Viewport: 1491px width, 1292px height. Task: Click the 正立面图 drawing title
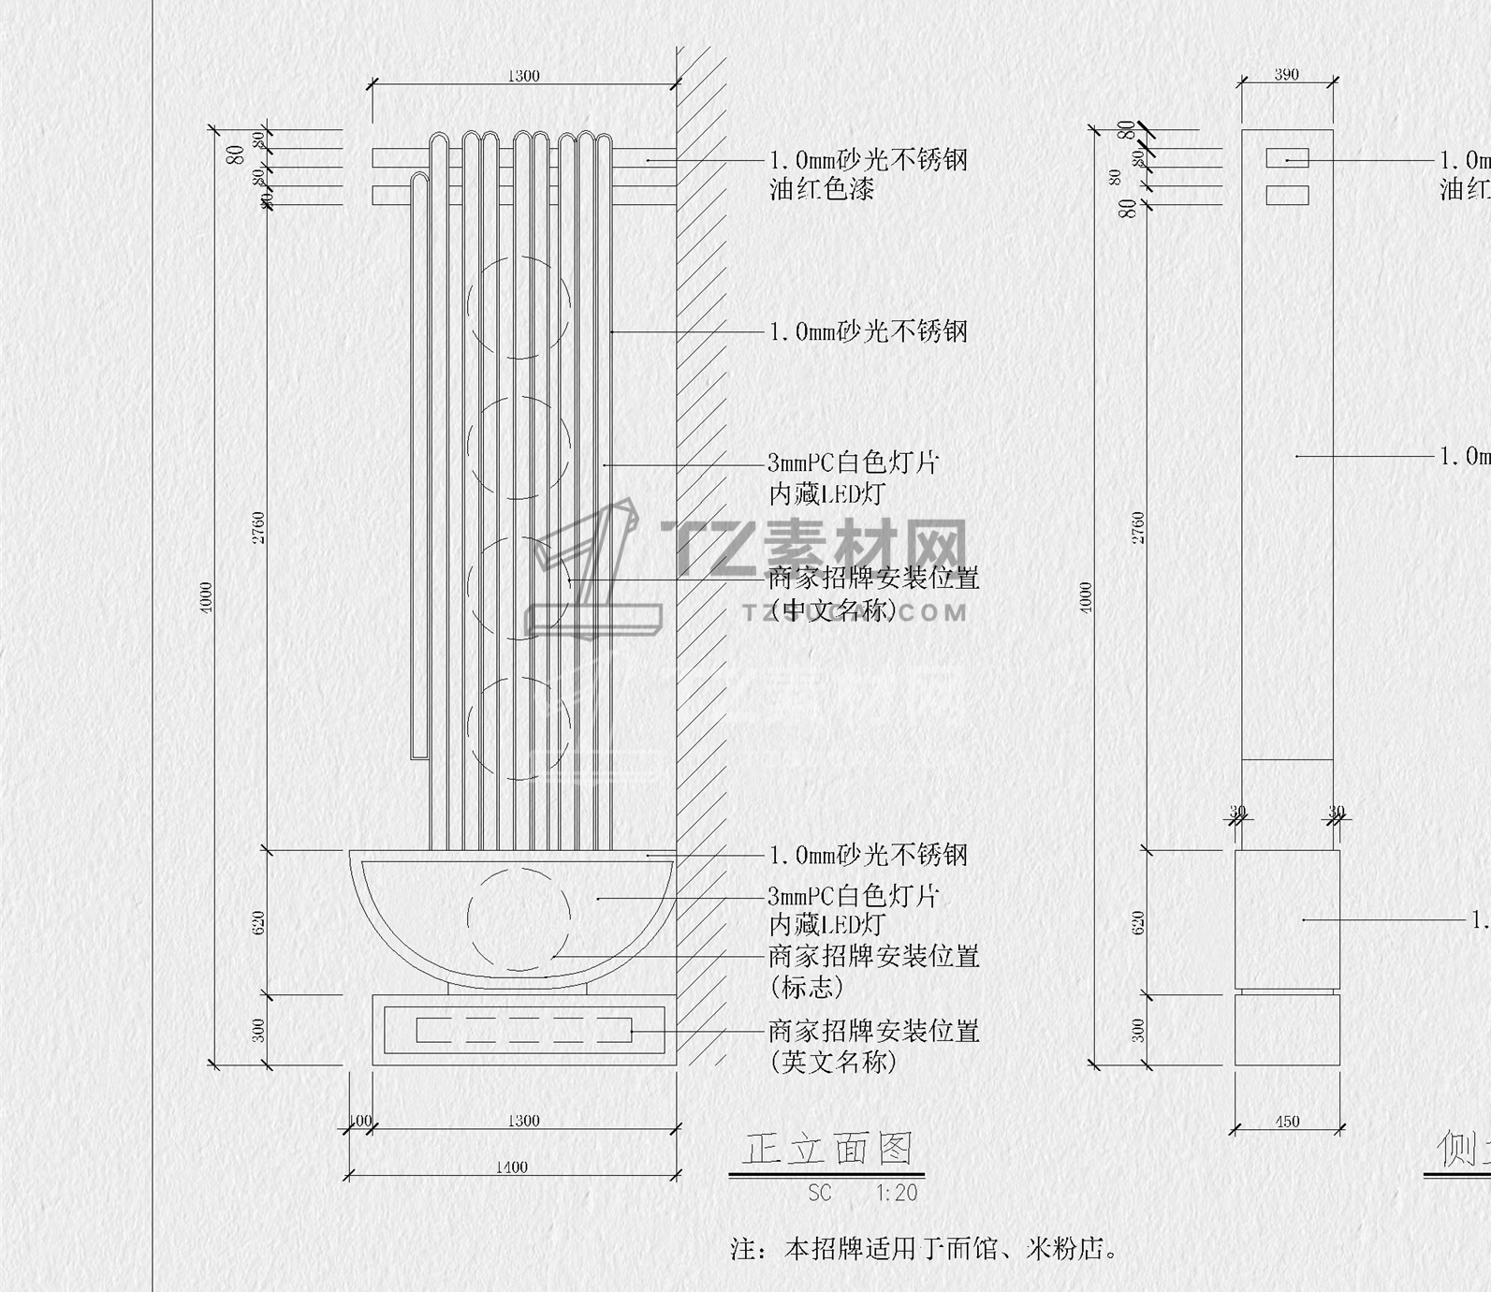coord(826,1149)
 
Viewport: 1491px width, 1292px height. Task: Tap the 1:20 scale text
coord(897,1193)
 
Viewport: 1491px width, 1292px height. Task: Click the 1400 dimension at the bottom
coord(511,1167)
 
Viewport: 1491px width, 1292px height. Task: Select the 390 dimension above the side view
coord(1286,75)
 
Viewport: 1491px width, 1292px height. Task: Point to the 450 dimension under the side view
coord(1287,1122)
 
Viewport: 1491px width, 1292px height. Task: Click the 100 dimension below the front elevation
coord(359,1121)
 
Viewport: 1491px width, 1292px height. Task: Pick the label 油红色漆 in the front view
coord(822,190)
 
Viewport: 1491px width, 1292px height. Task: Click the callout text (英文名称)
coord(833,1062)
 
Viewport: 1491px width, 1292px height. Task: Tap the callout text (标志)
coord(806,987)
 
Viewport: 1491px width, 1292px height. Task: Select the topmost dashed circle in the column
coord(519,307)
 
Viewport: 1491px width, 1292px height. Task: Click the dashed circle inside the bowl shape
coord(519,918)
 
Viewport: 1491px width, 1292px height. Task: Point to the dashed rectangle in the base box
coord(523,1030)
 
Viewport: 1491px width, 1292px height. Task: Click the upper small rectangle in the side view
coord(1287,158)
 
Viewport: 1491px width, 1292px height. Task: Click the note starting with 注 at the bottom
coord(924,1249)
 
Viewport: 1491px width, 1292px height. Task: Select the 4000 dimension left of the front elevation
coord(206,597)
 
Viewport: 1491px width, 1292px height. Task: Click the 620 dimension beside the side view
coord(1138,922)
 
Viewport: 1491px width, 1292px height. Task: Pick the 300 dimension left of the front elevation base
coord(259,1030)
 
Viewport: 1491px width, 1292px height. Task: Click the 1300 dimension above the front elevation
coord(523,76)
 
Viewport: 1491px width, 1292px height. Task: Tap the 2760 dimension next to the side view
coord(1138,527)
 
